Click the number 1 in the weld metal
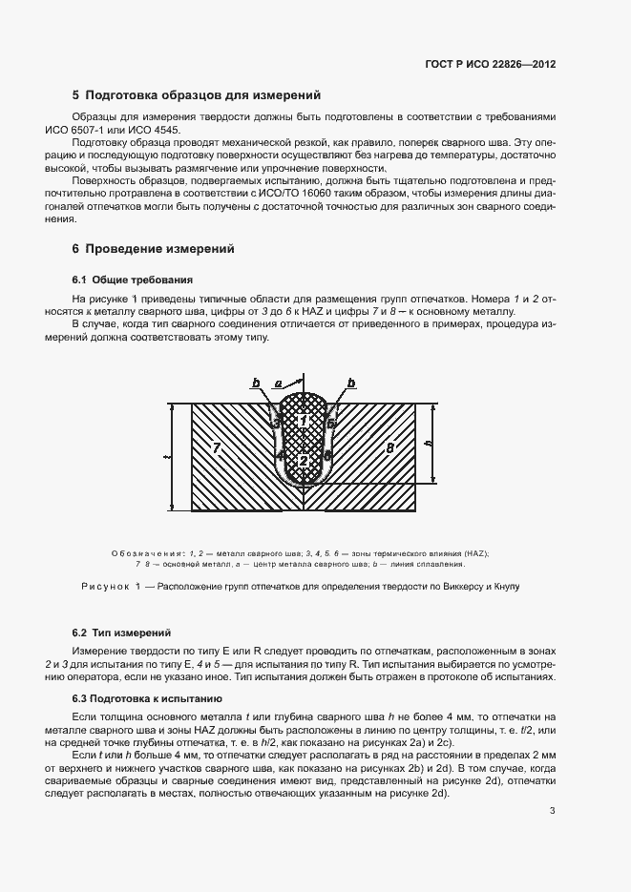(303, 421)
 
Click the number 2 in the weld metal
(303, 461)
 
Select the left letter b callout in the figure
(256, 383)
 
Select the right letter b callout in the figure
(351, 383)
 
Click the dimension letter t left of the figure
(166, 457)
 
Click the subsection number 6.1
(79, 280)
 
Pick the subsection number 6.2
(79, 633)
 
